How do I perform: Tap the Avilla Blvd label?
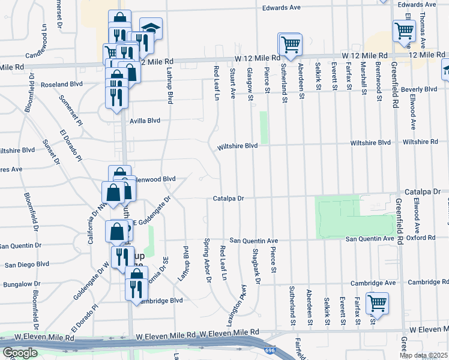tap(145, 121)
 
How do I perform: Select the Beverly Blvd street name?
tap(421, 89)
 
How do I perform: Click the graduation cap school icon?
tap(151, 28)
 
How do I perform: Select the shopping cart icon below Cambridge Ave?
tap(378, 303)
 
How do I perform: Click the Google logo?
tap(19, 353)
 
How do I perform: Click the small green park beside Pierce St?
tap(263, 127)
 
